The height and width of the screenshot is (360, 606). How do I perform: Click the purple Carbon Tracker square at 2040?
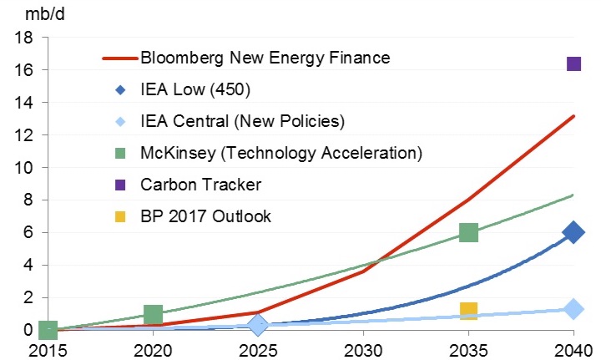pyautogui.click(x=573, y=63)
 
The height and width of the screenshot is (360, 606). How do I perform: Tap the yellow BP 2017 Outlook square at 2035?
pyautogui.click(x=468, y=312)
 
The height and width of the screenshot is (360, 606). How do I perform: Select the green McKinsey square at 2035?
pyautogui.click(x=468, y=232)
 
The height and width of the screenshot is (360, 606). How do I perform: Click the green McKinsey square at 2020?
pyautogui.click(x=153, y=314)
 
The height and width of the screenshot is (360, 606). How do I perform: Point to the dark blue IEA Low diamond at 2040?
pyautogui.click(x=573, y=233)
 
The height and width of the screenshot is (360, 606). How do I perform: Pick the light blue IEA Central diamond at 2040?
pyautogui.click(x=573, y=309)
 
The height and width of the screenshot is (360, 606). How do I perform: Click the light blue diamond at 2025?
pyautogui.click(x=258, y=324)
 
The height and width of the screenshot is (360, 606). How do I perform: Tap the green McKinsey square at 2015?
pyautogui.click(x=48, y=330)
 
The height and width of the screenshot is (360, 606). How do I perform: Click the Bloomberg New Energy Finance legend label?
pyautogui.click(x=265, y=58)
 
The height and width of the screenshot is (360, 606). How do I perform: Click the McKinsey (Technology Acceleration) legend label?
pyautogui.click(x=281, y=153)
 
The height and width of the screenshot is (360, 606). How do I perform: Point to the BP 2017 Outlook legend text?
pyautogui.click(x=206, y=216)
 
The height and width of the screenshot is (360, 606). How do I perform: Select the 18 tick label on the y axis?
pyautogui.click(x=24, y=38)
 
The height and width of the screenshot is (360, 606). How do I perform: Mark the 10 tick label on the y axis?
pyautogui.click(x=24, y=168)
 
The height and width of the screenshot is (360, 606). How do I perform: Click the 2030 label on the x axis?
pyautogui.click(x=363, y=348)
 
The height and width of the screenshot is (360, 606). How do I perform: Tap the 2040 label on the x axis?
pyautogui.click(x=573, y=348)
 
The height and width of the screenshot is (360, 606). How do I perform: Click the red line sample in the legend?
pyautogui.click(x=119, y=58)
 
